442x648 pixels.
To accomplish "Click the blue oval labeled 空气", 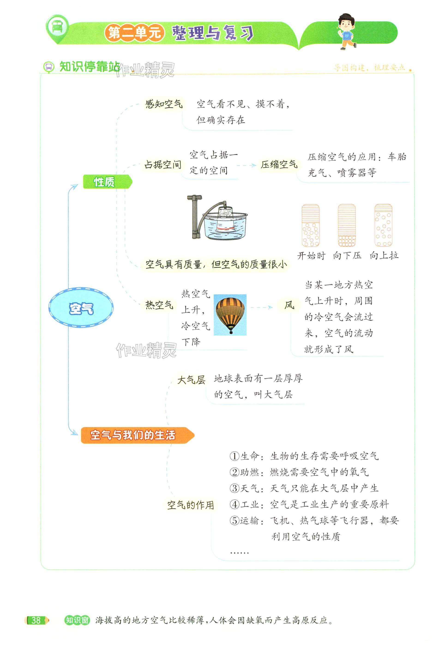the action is [81, 308].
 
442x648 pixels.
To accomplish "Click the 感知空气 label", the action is [164, 104].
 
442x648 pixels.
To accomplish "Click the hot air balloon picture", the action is [230, 315].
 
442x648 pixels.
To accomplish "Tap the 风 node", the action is [289, 305].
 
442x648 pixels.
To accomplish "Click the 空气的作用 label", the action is [191, 505].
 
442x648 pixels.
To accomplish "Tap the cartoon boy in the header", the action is [346, 31].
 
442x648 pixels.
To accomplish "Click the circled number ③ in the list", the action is [234, 488].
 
